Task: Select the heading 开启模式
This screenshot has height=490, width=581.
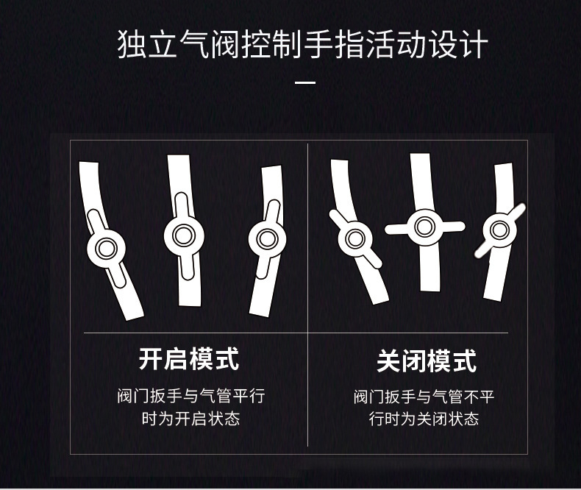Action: pos(189,360)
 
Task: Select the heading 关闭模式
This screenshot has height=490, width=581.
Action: pos(427,361)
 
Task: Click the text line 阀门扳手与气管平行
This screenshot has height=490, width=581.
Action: pos(190,397)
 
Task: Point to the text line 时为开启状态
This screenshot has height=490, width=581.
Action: pos(190,419)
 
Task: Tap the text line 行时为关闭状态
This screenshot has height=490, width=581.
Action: pos(424,419)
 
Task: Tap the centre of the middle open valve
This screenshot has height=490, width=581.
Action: pos(181,234)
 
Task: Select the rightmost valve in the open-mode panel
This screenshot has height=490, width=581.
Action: pos(267,238)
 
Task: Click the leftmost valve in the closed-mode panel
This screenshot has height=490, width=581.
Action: pos(356,238)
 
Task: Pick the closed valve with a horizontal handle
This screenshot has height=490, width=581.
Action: pos(424,226)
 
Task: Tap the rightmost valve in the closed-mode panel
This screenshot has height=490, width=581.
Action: pos(499,230)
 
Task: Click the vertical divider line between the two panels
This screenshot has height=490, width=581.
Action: pos(307,294)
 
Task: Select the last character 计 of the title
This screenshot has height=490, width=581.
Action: pos(473,45)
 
